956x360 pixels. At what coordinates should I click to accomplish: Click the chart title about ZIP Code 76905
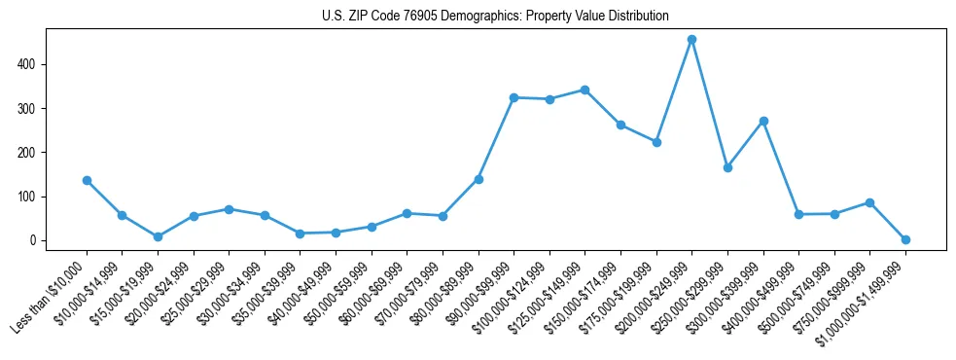tap(495, 16)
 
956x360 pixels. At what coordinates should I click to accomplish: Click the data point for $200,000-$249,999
tap(691, 40)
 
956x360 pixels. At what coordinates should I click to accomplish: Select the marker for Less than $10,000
tap(87, 180)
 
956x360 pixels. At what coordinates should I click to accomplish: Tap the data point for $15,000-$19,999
tap(158, 236)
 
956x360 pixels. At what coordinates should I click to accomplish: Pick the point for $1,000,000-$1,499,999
tap(905, 239)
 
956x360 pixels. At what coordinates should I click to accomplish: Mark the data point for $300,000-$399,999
tap(763, 121)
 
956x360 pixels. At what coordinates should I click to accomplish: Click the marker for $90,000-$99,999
tap(513, 97)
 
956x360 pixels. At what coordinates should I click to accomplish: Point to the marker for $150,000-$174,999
tap(620, 125)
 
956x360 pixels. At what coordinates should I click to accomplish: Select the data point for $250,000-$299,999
tap(727, 167)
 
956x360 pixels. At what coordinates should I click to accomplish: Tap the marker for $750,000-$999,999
tap(869, 202)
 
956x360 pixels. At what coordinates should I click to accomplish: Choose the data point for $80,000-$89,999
tap(478, 179)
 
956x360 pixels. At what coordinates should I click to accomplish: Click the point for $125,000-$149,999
tap(584, 90)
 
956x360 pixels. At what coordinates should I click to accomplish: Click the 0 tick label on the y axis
tap(34, 240)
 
